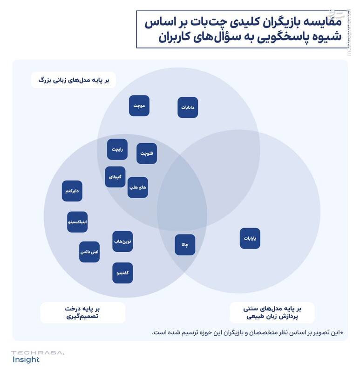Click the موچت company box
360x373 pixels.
[x=139, y=106]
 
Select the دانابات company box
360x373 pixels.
[x=188, y=107]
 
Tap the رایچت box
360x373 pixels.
[x=117, y=149]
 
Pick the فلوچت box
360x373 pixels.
[x=147, y=153]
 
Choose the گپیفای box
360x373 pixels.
[x=115, y=177]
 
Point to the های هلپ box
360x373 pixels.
[x=138, y=187]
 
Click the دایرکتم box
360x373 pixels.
[x=72, y=191]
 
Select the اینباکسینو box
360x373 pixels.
[x=77, y=222]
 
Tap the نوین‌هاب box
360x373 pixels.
[x=123, y=241]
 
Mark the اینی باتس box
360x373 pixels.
[x=89, y=252]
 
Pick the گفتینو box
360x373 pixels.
[x=122, y=273]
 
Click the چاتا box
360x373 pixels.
[x=185, y=245]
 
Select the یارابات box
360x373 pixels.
[x=250, y=238]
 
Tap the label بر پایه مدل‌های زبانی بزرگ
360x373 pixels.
[x=73, y=80]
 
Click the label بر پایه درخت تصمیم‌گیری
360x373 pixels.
[x=82, y=312]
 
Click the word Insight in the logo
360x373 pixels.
[x=26, y=360]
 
